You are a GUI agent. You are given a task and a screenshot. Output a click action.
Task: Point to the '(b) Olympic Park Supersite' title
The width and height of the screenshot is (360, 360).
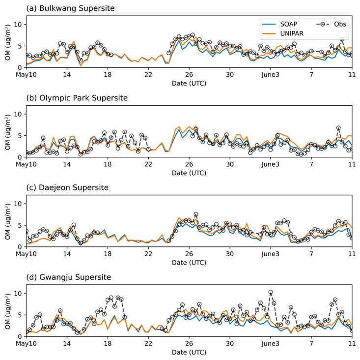[x=74, y=98]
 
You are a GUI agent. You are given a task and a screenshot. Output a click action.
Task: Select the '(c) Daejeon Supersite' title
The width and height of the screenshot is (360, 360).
[x=64, y=188]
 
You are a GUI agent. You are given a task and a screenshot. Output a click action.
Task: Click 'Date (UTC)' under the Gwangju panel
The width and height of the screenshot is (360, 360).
[x=189, y=352]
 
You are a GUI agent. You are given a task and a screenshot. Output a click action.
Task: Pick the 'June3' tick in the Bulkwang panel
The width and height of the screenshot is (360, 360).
[x=270, y=75]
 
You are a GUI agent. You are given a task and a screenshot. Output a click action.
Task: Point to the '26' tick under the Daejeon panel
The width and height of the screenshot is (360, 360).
[x=189, y=254]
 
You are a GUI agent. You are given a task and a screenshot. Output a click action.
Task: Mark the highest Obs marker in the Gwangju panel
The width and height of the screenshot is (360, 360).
[x=270, y=292]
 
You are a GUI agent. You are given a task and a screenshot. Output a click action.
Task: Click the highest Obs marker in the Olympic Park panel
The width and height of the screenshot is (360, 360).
[x=338, y=128]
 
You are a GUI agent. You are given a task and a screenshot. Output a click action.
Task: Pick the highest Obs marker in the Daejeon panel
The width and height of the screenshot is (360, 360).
[x=196, y=214]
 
